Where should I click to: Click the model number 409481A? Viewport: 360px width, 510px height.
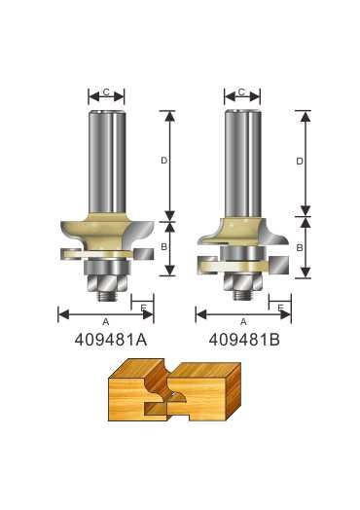click(x=111, y=341)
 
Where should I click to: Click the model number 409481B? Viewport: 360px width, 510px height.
click(x=244, y=341)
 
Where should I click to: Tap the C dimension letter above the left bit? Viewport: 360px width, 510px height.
click(x=106, y=92)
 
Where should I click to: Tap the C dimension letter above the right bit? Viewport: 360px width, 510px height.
click(x=241, y=92)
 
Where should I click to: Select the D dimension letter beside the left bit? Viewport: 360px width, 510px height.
click(x=163, y=161)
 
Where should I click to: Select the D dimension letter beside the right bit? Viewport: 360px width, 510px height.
click(x=300, y=161)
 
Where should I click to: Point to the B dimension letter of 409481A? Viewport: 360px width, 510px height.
click(x=163, y=247)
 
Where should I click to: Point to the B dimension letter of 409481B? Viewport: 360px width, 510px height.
click(x=300, y=248)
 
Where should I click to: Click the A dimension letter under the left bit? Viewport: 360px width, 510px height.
click(x=106, y=322)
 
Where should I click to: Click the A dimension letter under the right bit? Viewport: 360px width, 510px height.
click(x=243, y=322)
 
